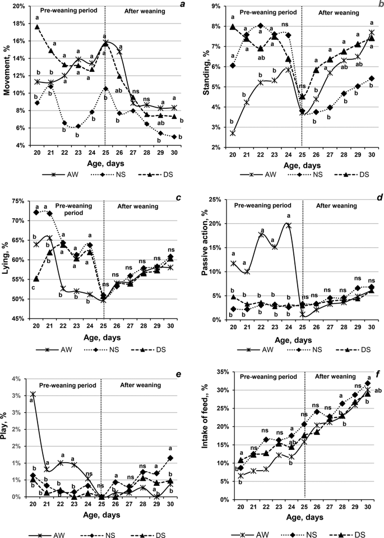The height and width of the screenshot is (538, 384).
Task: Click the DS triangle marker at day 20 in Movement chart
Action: [37, 27]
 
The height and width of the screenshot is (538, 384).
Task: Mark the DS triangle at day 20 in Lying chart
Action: [37, 279]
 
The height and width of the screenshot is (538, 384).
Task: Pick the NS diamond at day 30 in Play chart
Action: [186, 458]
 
